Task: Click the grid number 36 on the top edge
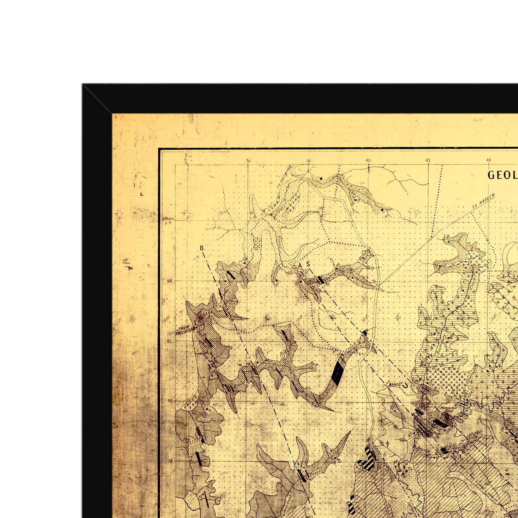tap(248, 160)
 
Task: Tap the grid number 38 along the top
tap(308, 160)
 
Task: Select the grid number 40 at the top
tap(368, 160)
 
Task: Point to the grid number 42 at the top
tap(428, 160)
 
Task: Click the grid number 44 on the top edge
tap(488, 160)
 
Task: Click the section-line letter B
tap(202, 248)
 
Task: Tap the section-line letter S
tap(308, 265)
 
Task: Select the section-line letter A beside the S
tap(300, 265)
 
